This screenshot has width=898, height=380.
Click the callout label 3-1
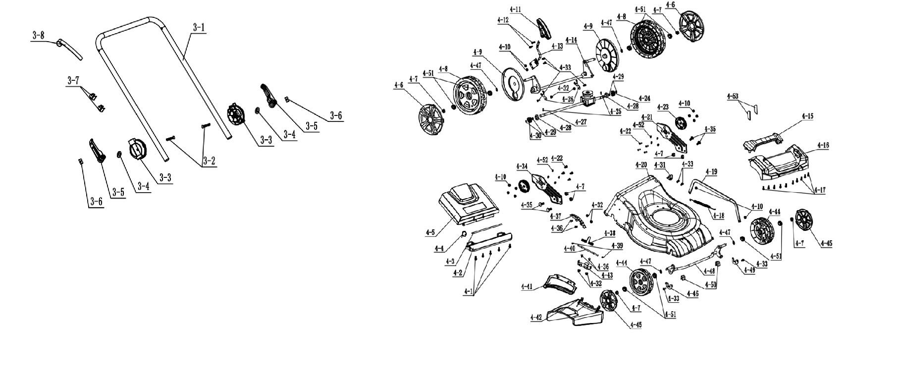click(198, 28)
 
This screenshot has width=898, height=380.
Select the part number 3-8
click(38, 35)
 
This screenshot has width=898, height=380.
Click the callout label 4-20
click(640, 165)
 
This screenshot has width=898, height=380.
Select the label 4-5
click(430, 231)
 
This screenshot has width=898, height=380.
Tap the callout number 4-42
click(536, 317)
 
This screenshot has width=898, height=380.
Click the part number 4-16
click(822, 146)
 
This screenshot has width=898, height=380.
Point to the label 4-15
click(807, 116)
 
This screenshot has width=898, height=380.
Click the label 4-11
click(515, 9)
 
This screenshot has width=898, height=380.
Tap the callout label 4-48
click(708, 271)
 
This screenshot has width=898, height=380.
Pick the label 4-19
click(711, 172)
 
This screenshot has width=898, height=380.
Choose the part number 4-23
click(662, 107)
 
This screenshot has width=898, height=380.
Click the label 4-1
click(468, 291)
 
